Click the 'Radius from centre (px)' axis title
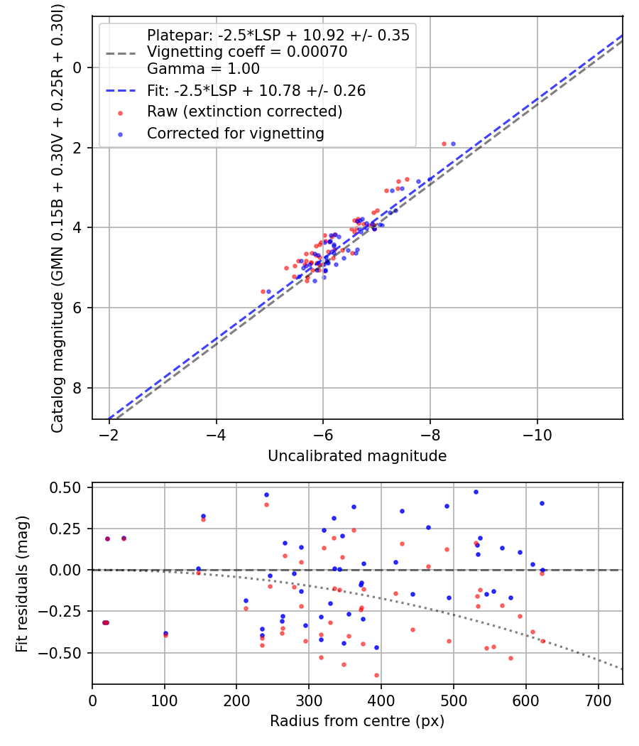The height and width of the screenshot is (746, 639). tap(357, 721)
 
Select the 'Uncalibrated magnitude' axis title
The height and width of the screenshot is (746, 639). tap(357, 456)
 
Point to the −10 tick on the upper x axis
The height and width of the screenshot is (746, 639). tap(537, 434)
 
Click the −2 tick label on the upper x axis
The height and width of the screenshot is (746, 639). tap(109, 434)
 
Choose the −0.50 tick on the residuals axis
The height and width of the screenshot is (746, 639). tap(65, 652)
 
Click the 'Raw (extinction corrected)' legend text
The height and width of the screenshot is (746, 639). tap(244, 112)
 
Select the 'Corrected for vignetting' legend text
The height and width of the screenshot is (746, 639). tap(235, 133)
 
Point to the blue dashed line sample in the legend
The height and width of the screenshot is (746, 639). tap(121, 90)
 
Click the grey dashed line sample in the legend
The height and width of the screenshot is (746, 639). tap(121, 53)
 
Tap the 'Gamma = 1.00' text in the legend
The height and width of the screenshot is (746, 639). tap(203, 69)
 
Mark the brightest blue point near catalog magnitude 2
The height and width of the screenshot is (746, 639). tap(453, 144)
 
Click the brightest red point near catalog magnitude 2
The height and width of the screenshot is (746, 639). tap(444, 144)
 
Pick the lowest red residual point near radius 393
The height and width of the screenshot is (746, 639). tap(376, 675)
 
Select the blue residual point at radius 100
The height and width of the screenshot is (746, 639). tap(165, 633)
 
